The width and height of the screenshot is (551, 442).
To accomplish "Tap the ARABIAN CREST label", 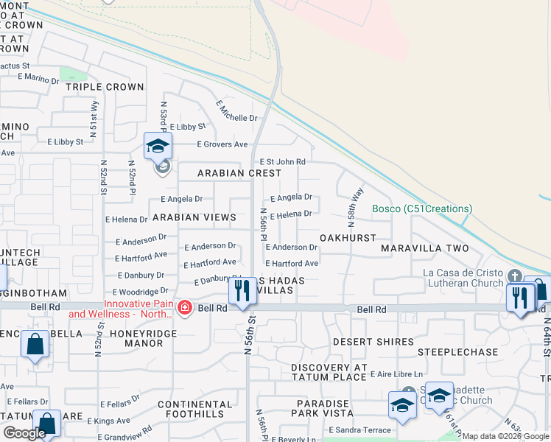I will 239,173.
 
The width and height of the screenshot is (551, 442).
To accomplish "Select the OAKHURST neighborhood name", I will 348,239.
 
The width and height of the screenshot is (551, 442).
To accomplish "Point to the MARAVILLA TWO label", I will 424,249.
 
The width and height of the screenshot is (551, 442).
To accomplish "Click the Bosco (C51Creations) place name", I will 421,208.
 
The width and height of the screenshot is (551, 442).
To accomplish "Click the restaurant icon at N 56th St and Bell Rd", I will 242,292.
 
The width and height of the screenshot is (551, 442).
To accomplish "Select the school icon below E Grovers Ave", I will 158,147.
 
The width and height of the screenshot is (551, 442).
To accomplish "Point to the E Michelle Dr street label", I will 236,111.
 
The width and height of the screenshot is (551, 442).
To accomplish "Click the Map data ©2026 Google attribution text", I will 505,436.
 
